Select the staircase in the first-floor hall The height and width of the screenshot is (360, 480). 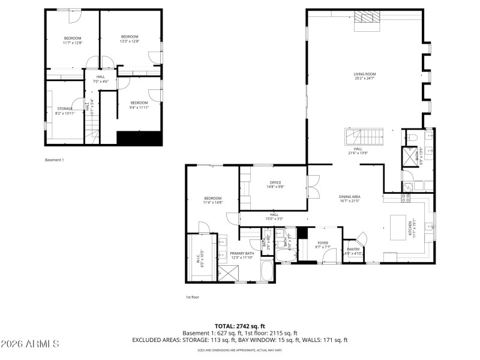(364, 137)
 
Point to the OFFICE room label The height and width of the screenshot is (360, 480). (275, 184)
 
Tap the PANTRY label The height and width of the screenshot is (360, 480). (353, 251)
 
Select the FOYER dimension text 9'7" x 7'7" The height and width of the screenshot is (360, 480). (323, 247)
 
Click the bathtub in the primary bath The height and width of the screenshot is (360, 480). (268, 273)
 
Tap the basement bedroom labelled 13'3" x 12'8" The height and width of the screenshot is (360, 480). (130, 39)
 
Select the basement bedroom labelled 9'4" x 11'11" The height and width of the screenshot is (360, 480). (139, 105)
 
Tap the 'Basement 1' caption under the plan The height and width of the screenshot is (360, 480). (54, 160)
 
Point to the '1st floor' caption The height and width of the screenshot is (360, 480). (192, 297)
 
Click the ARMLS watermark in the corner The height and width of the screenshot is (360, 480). (30, 344)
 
